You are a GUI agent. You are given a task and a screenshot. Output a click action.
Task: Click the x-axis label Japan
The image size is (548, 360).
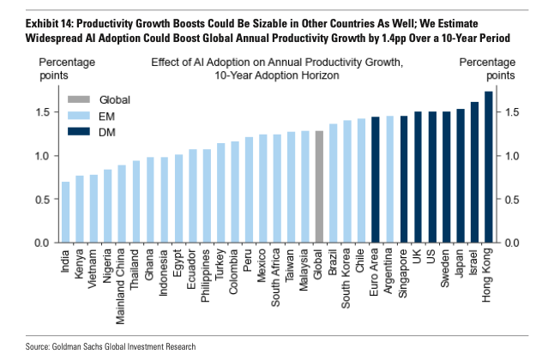click(x=461, y=263)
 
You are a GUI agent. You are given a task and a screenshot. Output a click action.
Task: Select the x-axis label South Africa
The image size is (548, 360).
click(x=277, y=275)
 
